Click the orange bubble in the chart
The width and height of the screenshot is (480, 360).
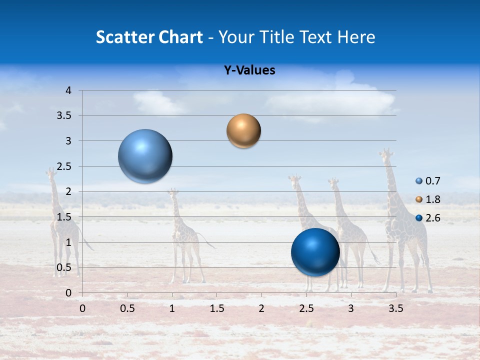[243, 131]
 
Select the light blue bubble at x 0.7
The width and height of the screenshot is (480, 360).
[145, 156]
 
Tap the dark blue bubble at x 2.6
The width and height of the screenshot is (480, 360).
[315, 252]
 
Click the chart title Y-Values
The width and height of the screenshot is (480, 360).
[249, 70]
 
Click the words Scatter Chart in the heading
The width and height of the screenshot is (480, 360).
[149, 37]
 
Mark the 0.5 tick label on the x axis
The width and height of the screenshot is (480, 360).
[127, 308]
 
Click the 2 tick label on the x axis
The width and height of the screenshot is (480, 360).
[261, 308]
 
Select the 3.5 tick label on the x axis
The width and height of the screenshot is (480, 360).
[395, 308]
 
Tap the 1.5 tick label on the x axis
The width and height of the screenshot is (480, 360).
[216, 308]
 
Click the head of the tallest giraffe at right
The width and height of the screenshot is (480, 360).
[386, 153]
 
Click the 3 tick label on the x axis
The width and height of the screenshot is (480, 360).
[351, 308]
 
